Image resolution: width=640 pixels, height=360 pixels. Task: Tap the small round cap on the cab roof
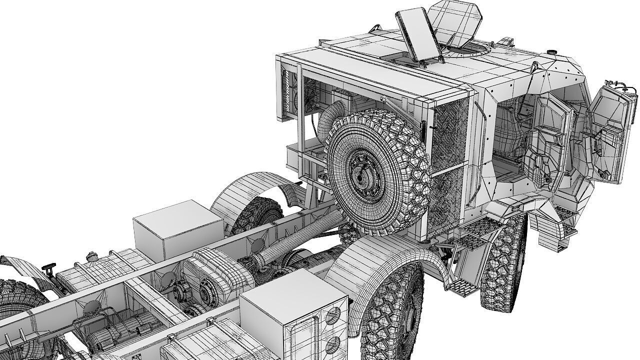(x=552, y=52)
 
